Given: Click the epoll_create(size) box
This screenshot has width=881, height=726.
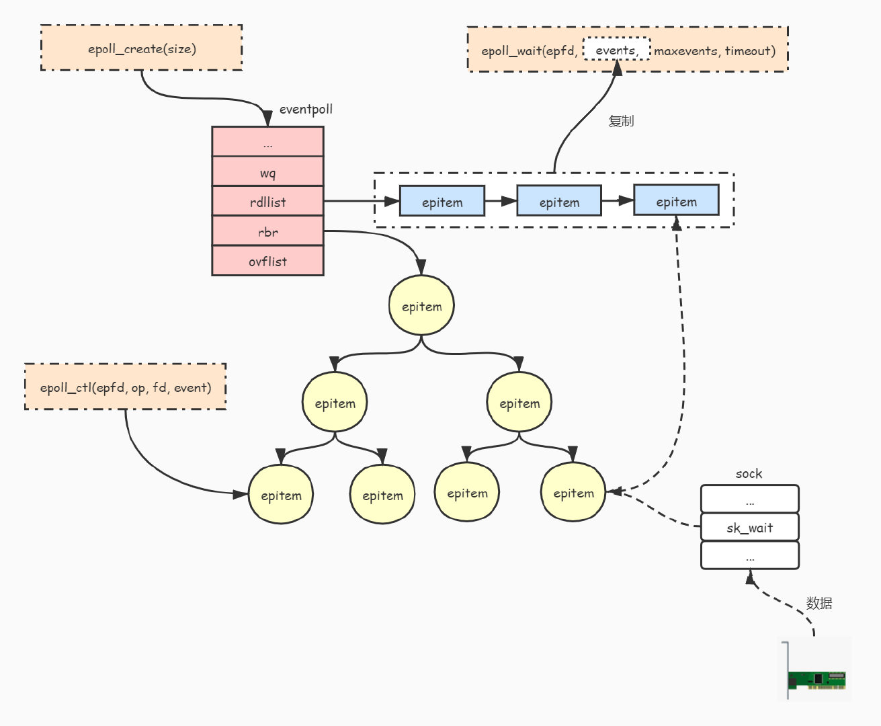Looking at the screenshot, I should (141, 48).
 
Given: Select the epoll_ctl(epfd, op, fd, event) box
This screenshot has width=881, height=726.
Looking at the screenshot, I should (125, 387).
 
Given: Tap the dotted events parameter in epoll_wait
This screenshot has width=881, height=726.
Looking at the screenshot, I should (616, 50).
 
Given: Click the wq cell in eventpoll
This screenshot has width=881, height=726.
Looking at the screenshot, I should (267, 173).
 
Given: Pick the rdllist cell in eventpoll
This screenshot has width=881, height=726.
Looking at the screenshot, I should (267, 202).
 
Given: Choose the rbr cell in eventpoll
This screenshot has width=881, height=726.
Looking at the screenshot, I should (267, 232).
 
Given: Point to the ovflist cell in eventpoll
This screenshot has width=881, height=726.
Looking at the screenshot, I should (267, 261).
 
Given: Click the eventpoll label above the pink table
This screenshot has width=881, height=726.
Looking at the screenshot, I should (306, 110).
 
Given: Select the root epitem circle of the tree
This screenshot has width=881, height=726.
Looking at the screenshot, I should (421, 307).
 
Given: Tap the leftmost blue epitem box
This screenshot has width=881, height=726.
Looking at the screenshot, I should (442, 202).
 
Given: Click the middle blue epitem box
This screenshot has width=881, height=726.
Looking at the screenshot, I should (558, 202).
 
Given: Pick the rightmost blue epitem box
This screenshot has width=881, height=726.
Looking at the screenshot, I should (676, 201).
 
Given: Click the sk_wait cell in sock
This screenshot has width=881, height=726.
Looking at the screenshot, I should (749, 528).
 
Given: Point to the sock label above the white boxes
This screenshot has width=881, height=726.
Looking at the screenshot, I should (749, 474).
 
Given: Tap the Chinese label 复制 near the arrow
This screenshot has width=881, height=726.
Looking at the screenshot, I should (621, 121).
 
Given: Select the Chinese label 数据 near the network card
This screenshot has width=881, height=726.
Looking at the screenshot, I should (819, 603).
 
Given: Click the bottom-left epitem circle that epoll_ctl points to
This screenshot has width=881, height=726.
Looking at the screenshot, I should (281, 495).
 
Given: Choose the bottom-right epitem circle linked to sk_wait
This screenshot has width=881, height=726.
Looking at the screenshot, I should (573, 493).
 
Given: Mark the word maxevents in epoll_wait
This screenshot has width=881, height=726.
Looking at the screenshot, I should (685, 50).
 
